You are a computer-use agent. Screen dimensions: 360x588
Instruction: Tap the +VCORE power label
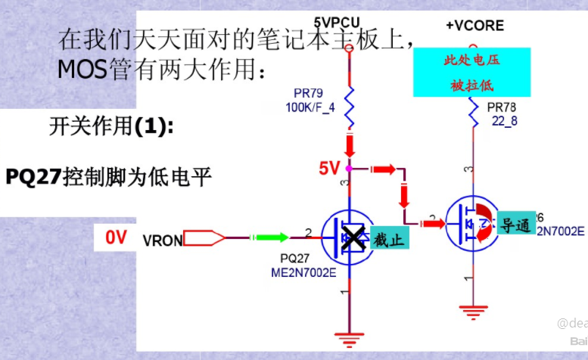click(x=474, y=26)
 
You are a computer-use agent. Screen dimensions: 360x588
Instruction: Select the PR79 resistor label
click(x=308, y=95)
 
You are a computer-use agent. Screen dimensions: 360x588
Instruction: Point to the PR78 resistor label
click(x=502, y=108)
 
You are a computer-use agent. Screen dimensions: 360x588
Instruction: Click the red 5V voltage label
click(x=329, y=169)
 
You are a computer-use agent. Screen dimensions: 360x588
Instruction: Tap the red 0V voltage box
click(x=116, y=237)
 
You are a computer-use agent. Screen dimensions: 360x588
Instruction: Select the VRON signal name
click(x=162, y=241)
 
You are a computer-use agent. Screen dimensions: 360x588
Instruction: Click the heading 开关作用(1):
click(x=111, y=127)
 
